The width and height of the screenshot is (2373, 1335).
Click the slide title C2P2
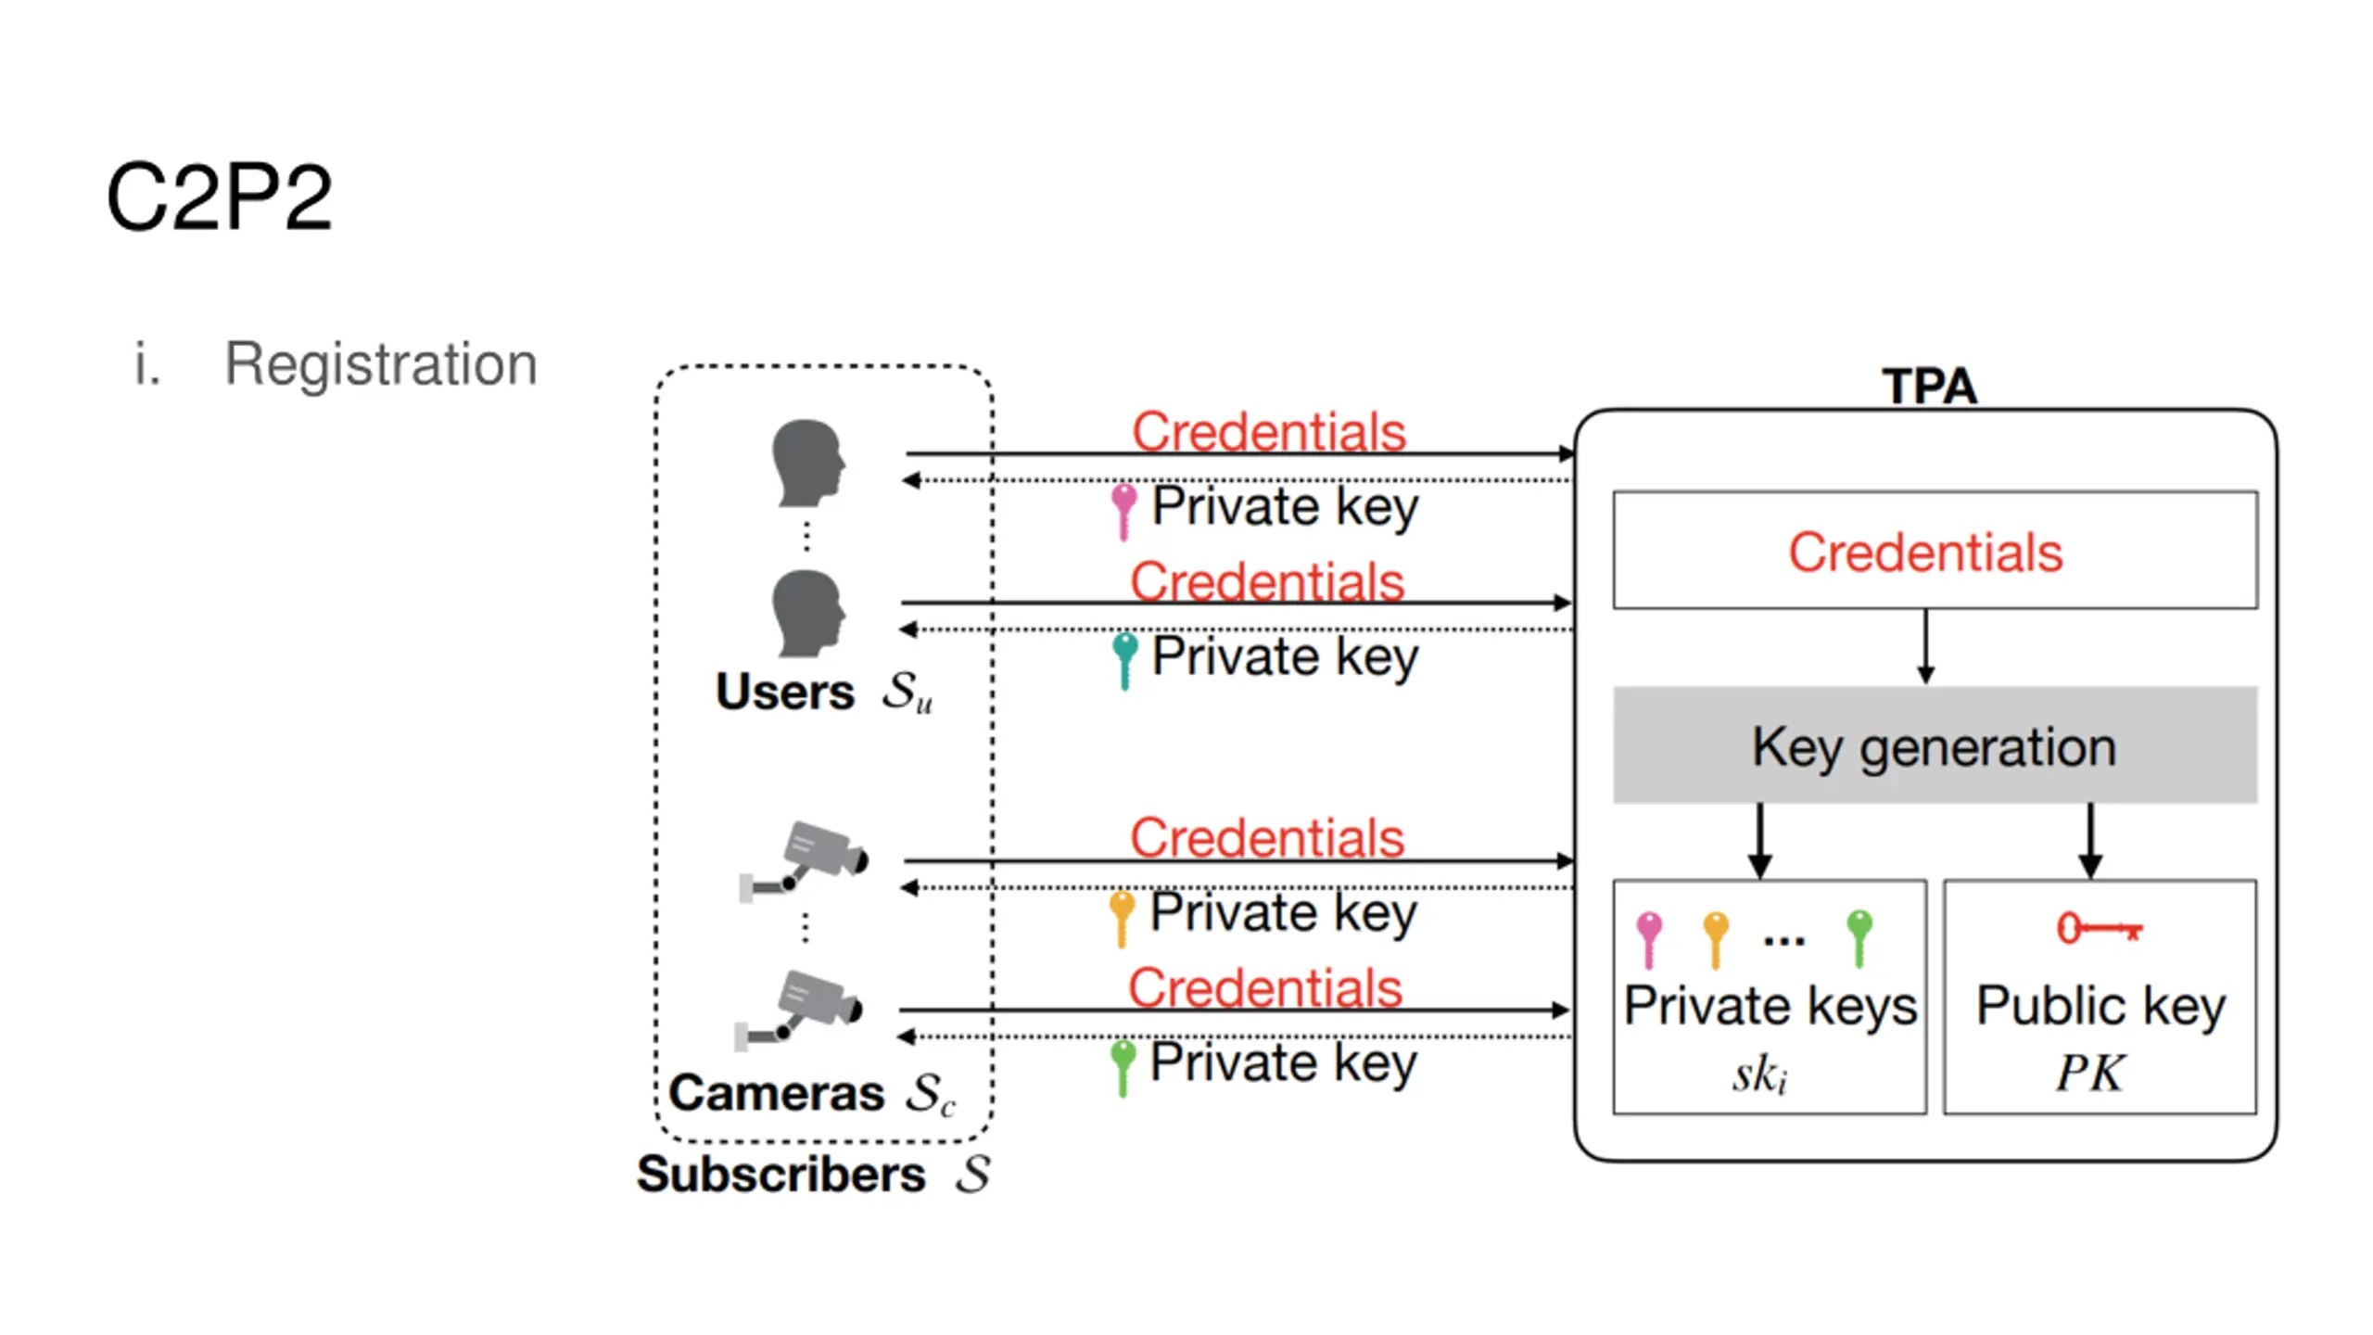tap(219, 197)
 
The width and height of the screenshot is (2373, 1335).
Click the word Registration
tap(381, 363)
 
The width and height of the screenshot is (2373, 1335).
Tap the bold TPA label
tap(1929, 386)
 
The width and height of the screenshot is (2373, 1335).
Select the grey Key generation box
tap(1935, 744)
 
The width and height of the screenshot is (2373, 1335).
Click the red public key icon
tap(2100, 927)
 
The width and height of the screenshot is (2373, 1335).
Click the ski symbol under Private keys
tap(1759, 1075)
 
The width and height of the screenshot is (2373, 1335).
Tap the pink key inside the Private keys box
tap(1649, 939)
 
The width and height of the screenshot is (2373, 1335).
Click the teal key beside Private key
tap(1124, 660)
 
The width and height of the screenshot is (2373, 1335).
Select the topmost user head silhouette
tap(808, 463)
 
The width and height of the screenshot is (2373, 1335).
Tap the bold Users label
tap(784, 692)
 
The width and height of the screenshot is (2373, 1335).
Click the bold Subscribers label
tap(780, 1175)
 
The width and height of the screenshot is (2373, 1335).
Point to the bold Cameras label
tap(776, 1093)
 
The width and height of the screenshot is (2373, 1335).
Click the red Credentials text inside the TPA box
tap(1925, 553)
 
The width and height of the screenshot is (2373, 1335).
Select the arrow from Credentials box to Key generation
tap(1925, 647)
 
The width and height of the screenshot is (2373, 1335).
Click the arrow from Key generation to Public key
tap(2089, 841)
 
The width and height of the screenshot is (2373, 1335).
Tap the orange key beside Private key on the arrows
tap(1122, 918)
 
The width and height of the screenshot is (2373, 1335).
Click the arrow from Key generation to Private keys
tap(1759, 841)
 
